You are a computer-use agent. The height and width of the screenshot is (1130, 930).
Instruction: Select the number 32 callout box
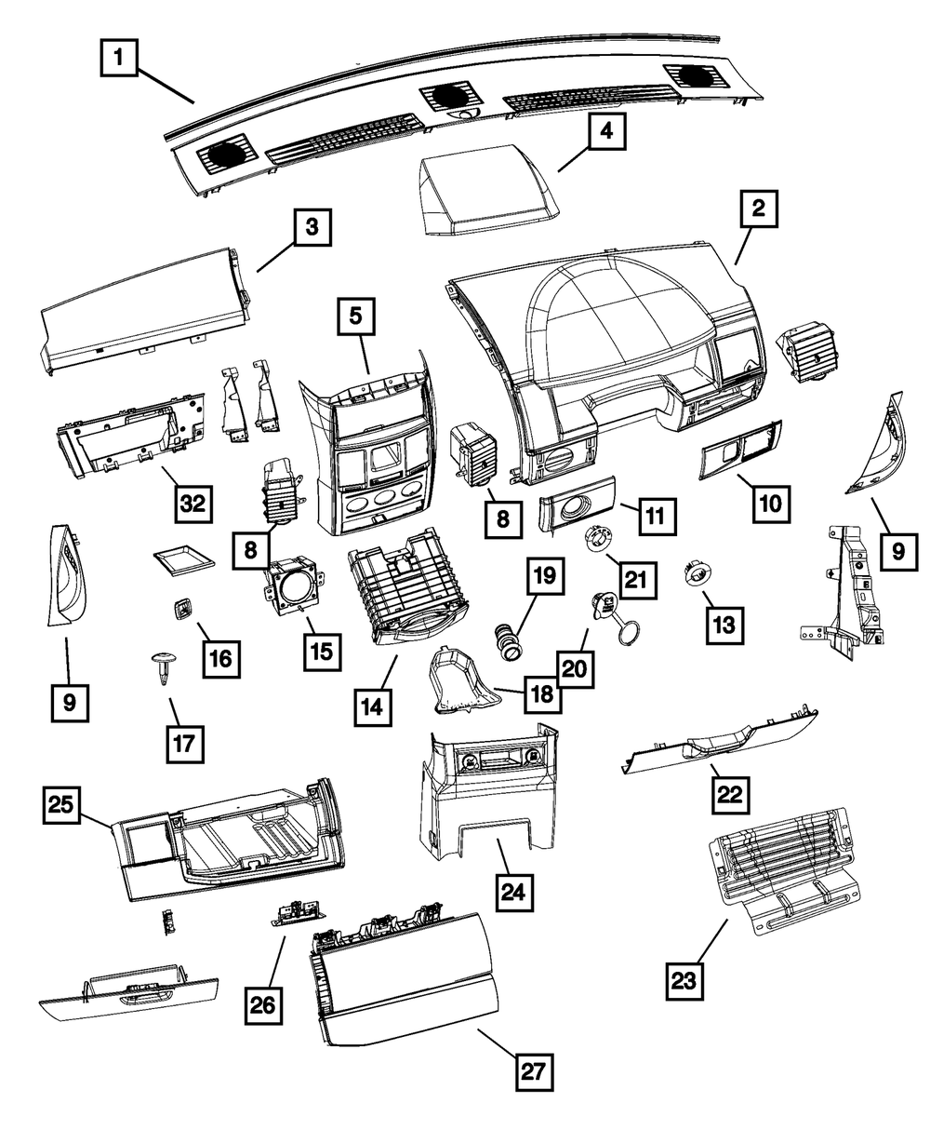tap(192, 504)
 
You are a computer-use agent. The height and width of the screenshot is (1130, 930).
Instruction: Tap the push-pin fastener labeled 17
tap(162, 668)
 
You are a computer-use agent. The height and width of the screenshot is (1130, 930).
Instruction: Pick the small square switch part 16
tap(179, 611)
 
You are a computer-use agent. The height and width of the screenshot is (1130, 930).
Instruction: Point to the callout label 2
tap(759, 209)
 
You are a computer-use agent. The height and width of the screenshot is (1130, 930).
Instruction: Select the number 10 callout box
tap(772, 504)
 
